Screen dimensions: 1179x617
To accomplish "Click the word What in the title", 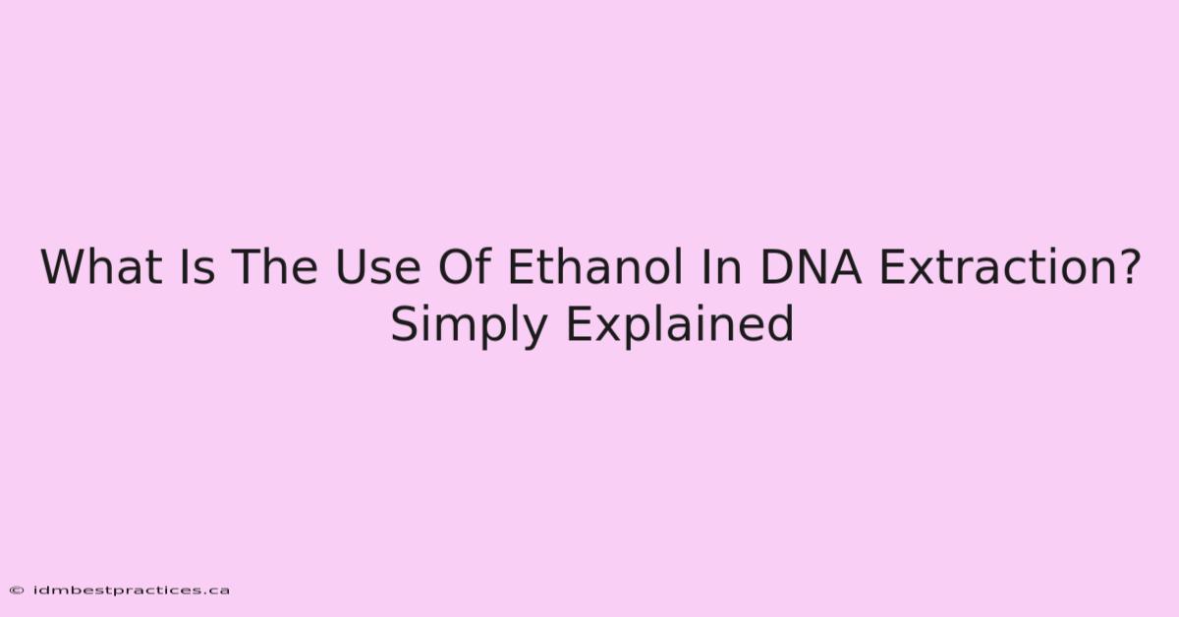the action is click(101, 267).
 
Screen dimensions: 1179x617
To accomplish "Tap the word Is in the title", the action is click(197, 267).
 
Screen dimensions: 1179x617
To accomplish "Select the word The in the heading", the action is click(274, 267).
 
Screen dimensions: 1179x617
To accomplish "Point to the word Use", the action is click(378, 267).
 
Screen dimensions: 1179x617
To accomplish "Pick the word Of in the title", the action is click(466, 266).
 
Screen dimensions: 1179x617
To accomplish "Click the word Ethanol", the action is click(595, 266).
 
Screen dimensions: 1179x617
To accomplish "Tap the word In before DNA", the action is click(720, 267).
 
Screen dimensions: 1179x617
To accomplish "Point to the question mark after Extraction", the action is click(1128, 266).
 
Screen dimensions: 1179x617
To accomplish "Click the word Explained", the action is click(679, 324).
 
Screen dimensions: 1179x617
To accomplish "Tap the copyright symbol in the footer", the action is click(17, 590).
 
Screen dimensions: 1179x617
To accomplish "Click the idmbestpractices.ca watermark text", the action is click(131, 590).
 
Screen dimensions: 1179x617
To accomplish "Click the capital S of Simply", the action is click(404, 324).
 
